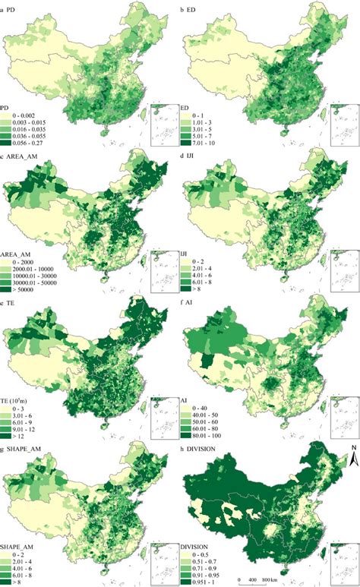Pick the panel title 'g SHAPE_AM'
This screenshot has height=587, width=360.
[24, 448]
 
